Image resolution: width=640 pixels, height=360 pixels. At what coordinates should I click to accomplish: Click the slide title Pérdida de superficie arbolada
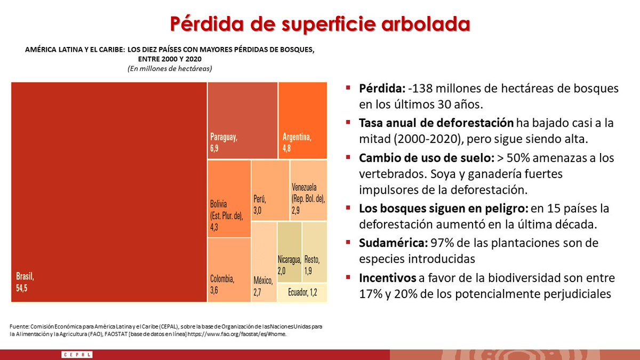[x=320, y=24]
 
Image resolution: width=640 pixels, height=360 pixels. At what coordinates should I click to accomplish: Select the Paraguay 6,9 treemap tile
[x=242, y=121]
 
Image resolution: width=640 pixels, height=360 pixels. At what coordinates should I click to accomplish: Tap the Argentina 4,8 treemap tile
[x=303, y=121]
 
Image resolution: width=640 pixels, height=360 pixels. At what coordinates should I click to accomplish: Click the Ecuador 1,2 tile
[x=302, y=292]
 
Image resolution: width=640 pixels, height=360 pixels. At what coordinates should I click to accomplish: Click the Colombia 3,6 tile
[x=229, y=270]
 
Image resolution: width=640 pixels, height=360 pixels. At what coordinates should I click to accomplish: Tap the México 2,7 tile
[x=264, y=261]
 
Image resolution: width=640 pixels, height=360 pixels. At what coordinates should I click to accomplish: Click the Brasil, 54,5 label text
[x=25, y=282]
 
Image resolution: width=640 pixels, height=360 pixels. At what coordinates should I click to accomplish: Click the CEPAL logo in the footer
[x=77, y=355]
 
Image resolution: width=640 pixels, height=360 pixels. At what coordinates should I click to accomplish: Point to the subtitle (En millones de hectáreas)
[x=169, y=68]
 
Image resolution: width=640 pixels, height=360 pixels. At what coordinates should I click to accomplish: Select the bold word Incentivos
[x=387, y=278]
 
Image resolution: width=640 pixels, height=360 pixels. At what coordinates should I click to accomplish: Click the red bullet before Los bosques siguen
[x=348, y=208]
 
